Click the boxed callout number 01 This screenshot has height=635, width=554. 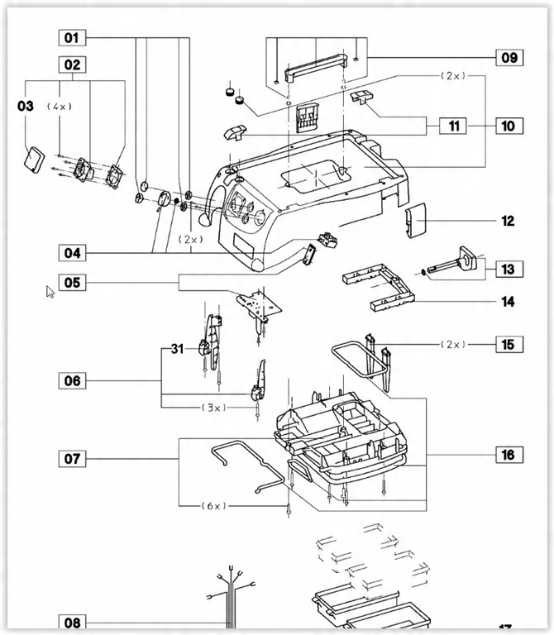(72, 38)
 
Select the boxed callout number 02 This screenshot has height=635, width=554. (72, 64)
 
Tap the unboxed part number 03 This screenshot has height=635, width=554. (26, 106)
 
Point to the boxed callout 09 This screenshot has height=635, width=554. (509, 58)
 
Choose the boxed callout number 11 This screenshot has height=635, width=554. (454, 126)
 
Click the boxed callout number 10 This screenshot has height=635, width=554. (509, 126)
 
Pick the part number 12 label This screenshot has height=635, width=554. (508, 221)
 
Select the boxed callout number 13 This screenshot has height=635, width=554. (509, 269)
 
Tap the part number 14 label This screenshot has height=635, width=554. (508, 302)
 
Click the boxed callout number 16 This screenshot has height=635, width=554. (509, 455)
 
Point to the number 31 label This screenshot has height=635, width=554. (178, 349)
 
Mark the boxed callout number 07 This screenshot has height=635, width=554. (72, 459)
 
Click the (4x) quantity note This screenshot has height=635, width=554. (60, 107)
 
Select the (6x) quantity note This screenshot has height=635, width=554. (214, 506)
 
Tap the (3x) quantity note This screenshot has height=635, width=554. (214, 408)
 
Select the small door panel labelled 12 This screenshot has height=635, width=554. (416, 221)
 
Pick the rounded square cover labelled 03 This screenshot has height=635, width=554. (35, 160)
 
